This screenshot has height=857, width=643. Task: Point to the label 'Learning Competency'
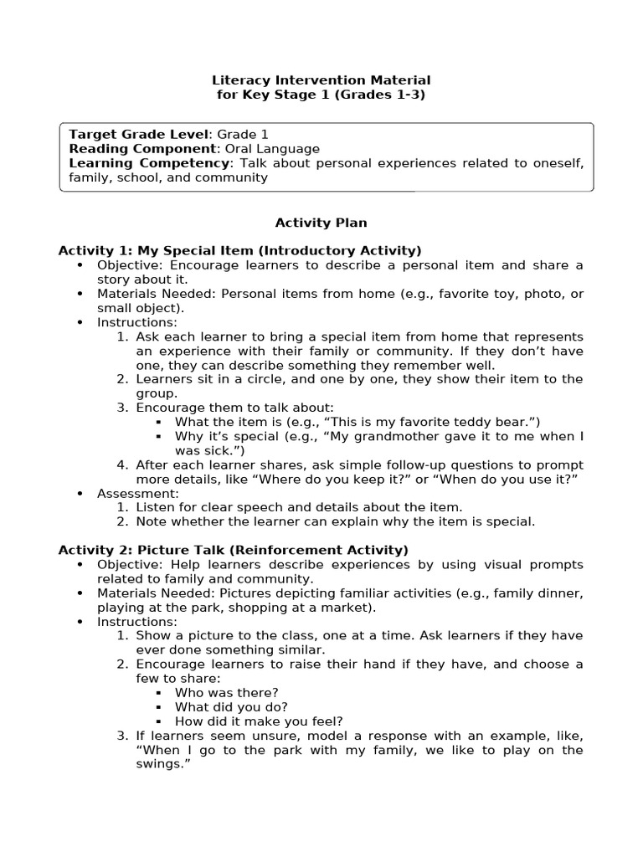[x=149, y=162]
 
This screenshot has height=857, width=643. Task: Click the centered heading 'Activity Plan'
[x=321, y=223]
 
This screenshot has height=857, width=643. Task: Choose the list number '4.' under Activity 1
[x=122, y=464]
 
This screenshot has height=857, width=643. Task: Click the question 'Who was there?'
[x=226, y=692]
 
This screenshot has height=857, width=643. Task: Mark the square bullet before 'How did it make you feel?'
[x=162, y=721]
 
